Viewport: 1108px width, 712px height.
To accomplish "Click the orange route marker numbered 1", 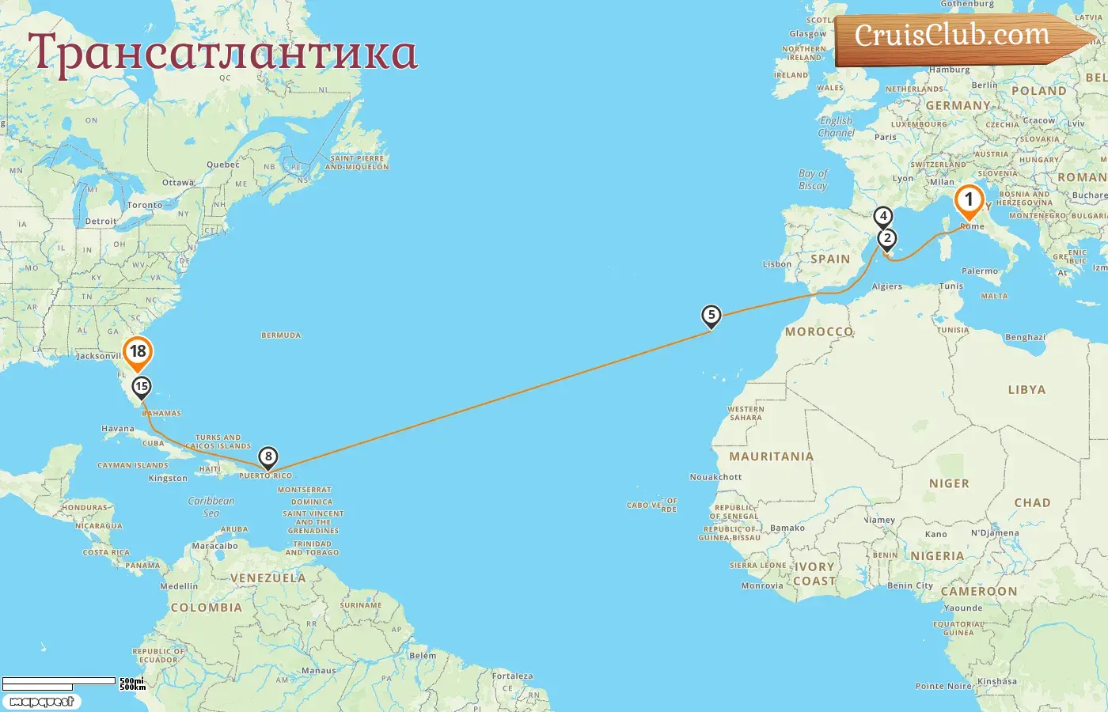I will tap(969, 201).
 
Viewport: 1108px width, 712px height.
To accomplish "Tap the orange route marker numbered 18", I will tap(138, 352).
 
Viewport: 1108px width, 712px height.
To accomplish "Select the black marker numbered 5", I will tap(711, 316).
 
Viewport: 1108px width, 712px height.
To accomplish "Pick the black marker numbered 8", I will tap(268, 456).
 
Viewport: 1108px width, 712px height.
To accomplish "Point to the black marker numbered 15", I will tap(142, 387).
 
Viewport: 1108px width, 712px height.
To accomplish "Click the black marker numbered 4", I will tap(883, 216).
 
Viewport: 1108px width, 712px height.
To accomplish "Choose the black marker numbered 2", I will tap(887, 238).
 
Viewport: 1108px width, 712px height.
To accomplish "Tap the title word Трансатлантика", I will tap(222, 52).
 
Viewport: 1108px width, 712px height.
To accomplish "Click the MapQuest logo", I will tap(41, 702).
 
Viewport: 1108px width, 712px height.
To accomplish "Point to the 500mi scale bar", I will tap(59, 681).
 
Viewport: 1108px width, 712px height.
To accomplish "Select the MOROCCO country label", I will tap(818, 332).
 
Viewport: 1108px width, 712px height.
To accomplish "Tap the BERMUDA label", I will tap(281, 335).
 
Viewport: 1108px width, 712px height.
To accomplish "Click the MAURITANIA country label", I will tap(771, 456).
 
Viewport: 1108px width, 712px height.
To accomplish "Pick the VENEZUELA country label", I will tap(268, 578).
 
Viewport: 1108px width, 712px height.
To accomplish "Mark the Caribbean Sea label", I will tap(211, 506).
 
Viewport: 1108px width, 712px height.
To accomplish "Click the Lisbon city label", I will tap(777, 264).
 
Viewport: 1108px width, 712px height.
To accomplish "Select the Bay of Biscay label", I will tap(813, 180).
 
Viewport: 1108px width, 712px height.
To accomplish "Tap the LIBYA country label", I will tap(1026, 390).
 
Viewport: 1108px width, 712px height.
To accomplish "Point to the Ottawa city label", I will tap(178, 183).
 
